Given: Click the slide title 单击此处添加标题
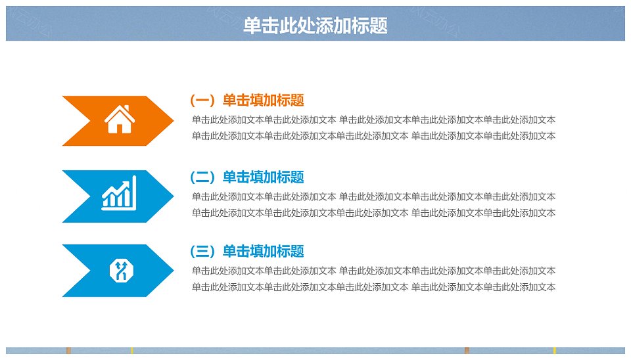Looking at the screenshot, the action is coord(315,26).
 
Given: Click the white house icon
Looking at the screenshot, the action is coord(120,119).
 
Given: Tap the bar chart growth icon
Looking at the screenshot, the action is coord(119,193).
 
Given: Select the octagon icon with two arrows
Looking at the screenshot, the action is coord(121,271).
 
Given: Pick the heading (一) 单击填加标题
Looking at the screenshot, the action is coord(246,100).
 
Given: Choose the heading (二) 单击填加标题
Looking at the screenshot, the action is coord(246,177).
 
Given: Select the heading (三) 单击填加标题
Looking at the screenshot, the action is coord(246,252).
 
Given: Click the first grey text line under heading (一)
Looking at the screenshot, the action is coord(373,120).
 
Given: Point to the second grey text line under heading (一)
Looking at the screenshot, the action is coord(373,136).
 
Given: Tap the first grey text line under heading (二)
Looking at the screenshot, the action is coord(373,196).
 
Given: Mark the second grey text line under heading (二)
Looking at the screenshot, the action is coord(373,213).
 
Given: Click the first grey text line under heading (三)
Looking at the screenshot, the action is coord(373,271).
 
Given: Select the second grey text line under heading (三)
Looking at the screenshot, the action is coord(373,287).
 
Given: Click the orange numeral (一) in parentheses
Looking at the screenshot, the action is coord(203,100).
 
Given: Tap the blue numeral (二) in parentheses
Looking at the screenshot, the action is coord(203,177).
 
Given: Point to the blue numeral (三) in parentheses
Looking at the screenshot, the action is coord(203,252).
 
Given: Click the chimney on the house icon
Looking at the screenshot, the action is coord(127,109).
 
